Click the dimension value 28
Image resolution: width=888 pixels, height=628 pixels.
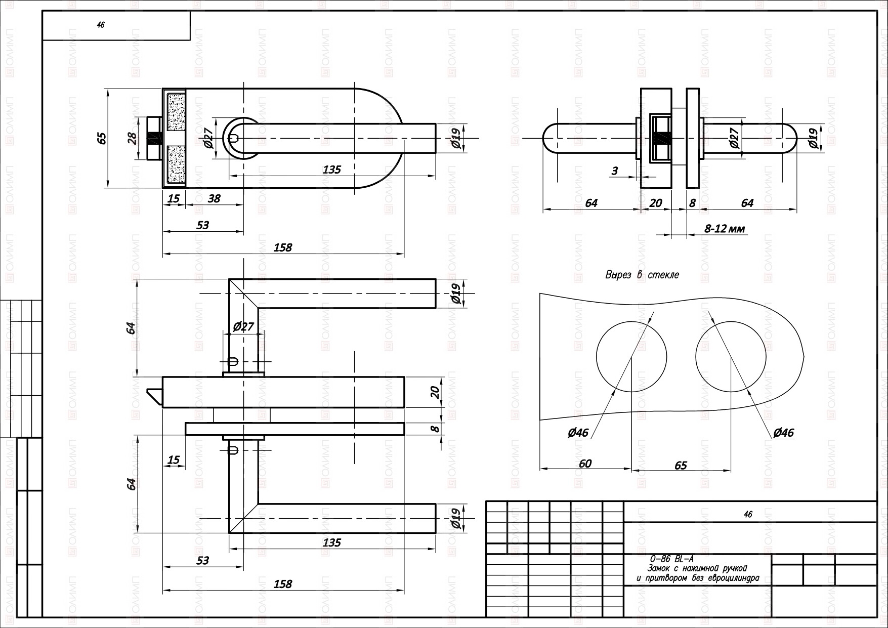pos(133,138)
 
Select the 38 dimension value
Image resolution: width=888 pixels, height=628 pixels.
pos(214,198)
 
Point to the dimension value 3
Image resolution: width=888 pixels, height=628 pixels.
pos(615,171)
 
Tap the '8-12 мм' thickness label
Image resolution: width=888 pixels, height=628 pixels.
pos(725,229)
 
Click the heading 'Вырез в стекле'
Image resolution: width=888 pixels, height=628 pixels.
pos(642,275)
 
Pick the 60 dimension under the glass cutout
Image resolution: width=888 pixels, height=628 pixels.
pos(585,464)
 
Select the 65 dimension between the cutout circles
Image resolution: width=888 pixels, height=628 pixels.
pos(681,465)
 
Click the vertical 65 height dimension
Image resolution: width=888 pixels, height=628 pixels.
pos(102,138)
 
